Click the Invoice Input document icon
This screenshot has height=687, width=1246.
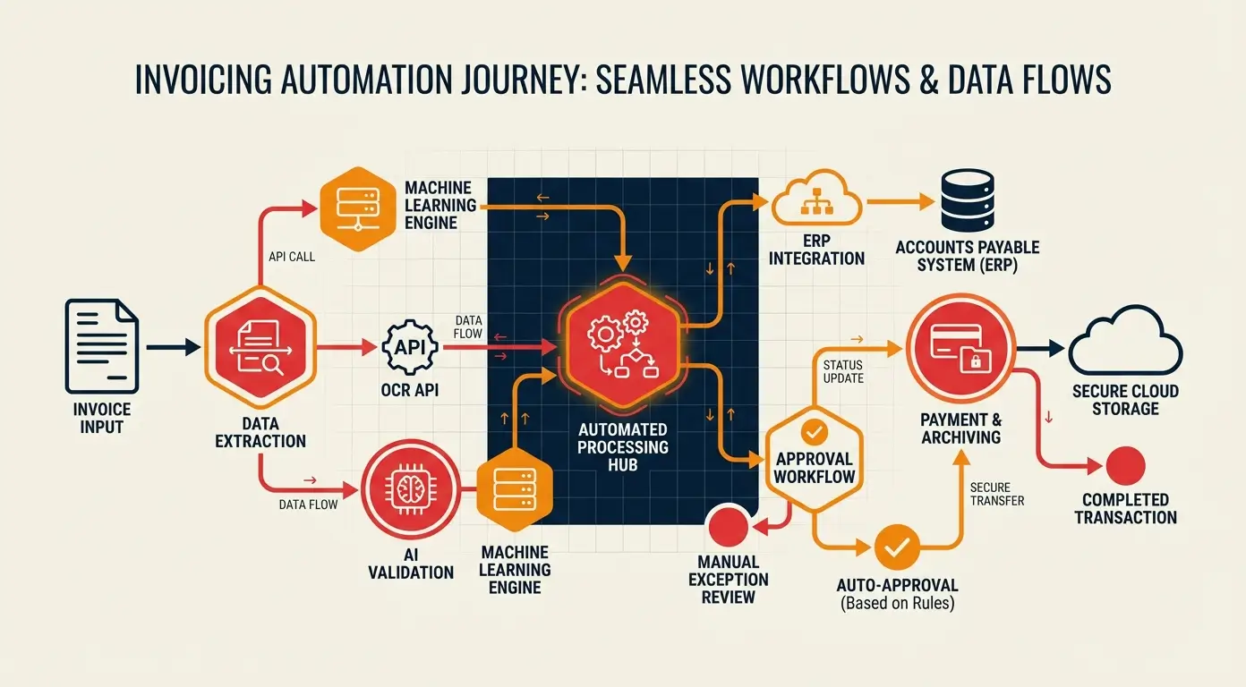(101, 346)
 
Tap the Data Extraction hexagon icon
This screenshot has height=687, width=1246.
(260, 346)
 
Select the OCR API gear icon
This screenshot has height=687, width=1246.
(409, 346)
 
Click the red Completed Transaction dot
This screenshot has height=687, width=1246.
(1125, 466)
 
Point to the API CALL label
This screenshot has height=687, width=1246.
(293, 256)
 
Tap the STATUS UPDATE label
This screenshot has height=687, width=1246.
(842, 370)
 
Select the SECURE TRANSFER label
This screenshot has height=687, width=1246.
(997, 494)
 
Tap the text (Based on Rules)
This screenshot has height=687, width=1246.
(898, 603)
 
